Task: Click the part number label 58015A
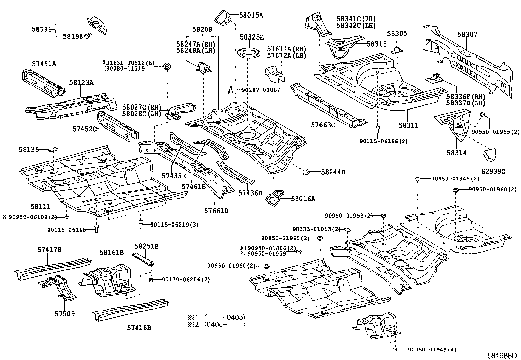[x=251, y=15]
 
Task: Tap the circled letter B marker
[x=167, y=66]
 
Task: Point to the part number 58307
[x=467, y=34]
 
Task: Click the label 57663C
[x=323, y=125]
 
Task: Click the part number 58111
[x=41, y=206]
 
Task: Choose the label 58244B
[x=333, y=172]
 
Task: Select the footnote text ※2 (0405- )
[x=216, y=325]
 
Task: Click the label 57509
[x=64, y=314]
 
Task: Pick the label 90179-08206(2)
[x=186, y=279]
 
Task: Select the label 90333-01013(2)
[x=316, y=229]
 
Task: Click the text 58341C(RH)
[x=356, y=19]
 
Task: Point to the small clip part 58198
[x=88, y=36]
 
